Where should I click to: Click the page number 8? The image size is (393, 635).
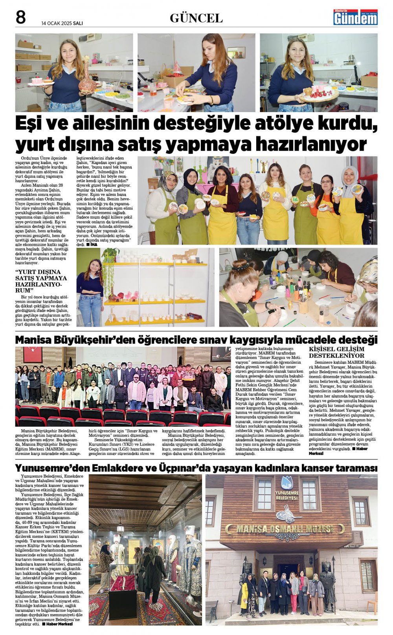coord(20,18)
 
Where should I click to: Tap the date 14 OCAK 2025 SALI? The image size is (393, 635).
coord(62,23)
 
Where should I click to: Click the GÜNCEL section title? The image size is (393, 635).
coord(196,18)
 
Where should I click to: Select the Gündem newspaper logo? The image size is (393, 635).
coord(355,17)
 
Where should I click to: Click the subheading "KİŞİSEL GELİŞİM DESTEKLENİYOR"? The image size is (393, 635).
coord(336,352)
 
